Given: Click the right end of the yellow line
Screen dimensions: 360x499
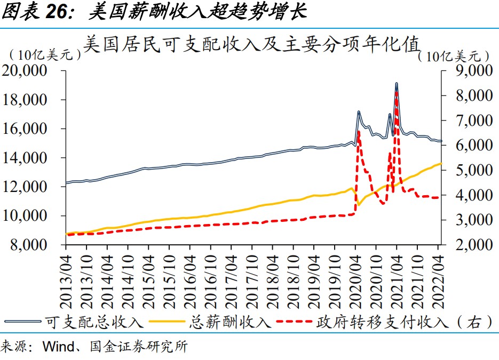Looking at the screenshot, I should (441, 163).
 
